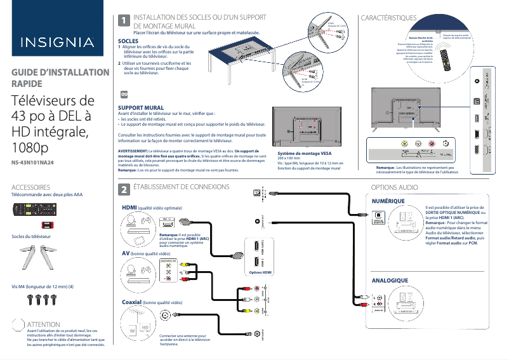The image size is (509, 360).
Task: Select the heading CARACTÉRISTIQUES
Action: [x=388, y=18]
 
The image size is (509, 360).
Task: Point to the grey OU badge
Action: [x=124, y=94]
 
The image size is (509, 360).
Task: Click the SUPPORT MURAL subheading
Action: [x=141, y=108]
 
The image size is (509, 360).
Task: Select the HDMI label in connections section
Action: [x=129, y=208]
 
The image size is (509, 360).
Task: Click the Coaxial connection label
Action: [x=131, y=303]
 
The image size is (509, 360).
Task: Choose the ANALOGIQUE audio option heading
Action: [x=389, y=280]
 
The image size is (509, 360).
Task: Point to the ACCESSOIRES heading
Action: [x=36, y=188]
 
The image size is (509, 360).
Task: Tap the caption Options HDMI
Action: [x=260, y=272]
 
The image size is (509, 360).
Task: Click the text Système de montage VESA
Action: [x=305, y=153]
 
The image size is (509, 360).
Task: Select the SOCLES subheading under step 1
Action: [x=129, y=41]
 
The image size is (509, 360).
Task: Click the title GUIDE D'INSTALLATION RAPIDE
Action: [x=51, y=78]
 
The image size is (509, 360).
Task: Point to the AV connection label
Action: [x=125, y=253]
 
